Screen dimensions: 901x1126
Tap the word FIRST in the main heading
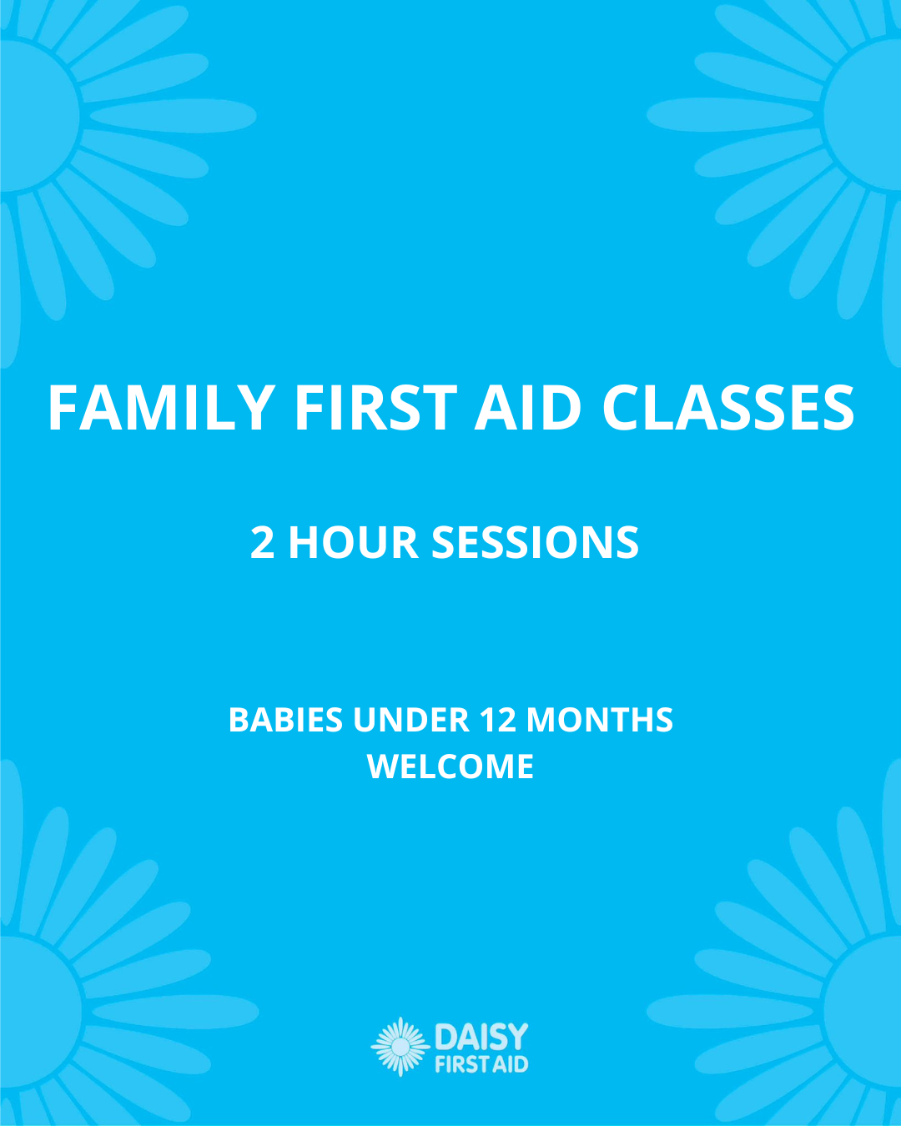(376, 408)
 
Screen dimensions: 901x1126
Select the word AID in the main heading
(528, 408)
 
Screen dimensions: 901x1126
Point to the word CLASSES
(728, 408)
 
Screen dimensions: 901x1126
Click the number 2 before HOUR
(262, 543)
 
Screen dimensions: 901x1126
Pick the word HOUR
(354, 543)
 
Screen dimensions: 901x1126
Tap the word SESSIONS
(535, 543)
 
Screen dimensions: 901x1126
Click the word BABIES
(286, 720)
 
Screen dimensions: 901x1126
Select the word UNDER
(411, 720)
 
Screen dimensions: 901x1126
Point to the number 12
(497, 720)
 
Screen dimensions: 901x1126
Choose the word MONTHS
(600, 720)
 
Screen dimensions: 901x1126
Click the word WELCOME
(450, 767)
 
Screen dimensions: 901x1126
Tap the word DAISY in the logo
(481, 1036)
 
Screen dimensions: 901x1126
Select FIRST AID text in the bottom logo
(481, 1064)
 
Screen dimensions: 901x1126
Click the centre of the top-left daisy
(32, 115)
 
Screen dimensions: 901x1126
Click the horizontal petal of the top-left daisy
(173, 116)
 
